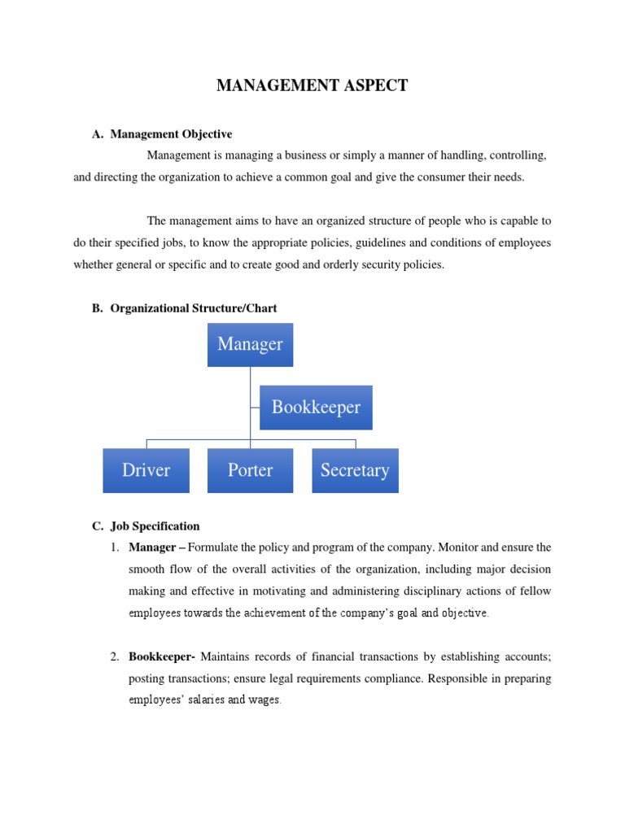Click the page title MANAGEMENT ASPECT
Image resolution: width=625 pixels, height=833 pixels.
point(312,85)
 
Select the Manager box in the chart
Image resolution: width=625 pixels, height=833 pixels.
point(250,344)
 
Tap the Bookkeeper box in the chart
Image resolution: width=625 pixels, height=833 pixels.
point(316,407)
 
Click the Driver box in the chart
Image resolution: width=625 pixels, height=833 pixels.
point(146,470)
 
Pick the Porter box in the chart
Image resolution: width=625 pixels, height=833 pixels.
point(250,470)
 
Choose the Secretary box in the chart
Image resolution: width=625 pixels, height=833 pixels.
point(355,470)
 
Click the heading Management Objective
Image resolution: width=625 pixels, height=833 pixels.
point(171,134)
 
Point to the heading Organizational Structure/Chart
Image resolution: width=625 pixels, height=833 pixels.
point(194,308)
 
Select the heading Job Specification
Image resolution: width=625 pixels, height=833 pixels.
point(155,526)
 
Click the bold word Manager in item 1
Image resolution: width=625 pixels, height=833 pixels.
point(151,547)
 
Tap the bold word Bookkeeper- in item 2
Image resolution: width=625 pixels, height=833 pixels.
point(162,656)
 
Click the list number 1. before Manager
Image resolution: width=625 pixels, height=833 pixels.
point(116,547)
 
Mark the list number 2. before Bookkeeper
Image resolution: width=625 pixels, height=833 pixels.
point(116,656)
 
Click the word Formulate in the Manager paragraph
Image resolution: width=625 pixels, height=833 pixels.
point(213,547)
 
